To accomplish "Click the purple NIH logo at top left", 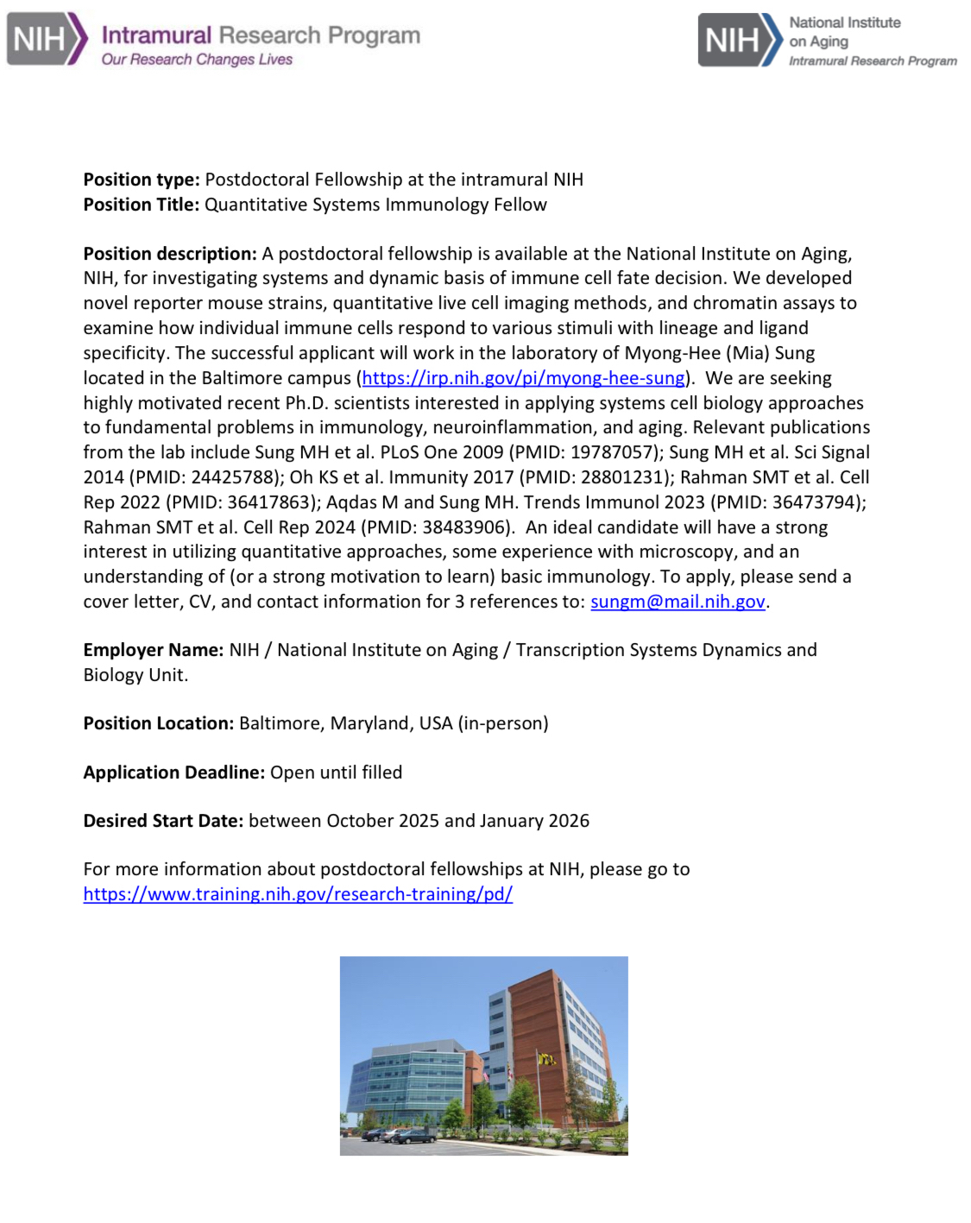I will point(47,39).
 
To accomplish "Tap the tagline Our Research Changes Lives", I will point(197,60).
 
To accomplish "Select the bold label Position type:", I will point(142,180).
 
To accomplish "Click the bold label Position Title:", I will point(142,205).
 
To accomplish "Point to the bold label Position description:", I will point(170,254).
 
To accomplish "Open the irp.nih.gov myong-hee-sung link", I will point(523,378).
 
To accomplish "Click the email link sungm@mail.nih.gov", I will point(678,602).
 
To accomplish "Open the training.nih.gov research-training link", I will point(298,894).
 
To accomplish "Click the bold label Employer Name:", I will point(154,650).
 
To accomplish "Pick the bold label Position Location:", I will point(159,723).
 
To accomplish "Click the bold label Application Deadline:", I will point(174,772).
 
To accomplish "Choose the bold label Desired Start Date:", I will point(163,821).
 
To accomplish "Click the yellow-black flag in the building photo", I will point(545,1058).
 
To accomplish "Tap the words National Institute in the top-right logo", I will point(844,22).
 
